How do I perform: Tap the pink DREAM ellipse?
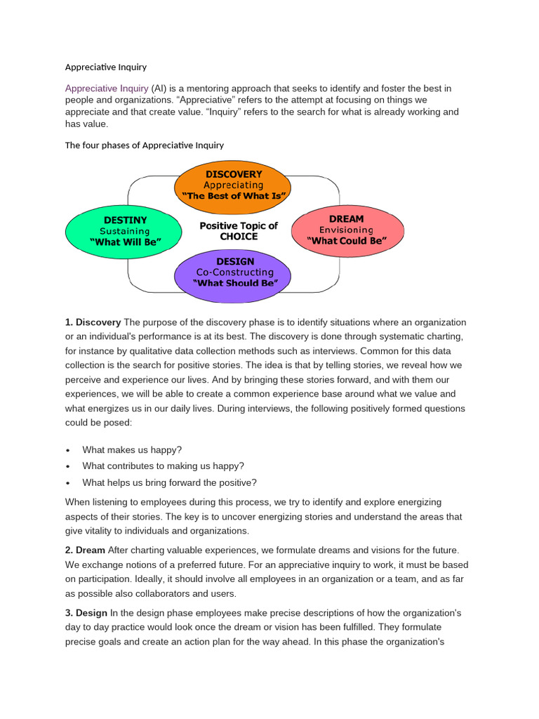347,230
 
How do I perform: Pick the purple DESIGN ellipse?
235,272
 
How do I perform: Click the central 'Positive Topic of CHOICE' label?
239,231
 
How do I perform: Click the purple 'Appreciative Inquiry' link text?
107,88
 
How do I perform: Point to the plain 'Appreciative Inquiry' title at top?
106,67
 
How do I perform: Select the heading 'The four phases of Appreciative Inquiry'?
145,145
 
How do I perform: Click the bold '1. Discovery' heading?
93,322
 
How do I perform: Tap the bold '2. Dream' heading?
86,550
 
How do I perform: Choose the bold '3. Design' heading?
86,613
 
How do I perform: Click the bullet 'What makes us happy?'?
132,450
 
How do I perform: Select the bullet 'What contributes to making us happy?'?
163,466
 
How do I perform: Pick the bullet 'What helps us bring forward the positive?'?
169,482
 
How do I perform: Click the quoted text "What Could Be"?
347,241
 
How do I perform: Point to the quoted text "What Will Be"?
126,242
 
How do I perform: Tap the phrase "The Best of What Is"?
234,196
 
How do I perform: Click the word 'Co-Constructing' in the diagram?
235,272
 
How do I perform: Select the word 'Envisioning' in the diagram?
346,230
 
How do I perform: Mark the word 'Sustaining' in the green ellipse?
125,231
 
